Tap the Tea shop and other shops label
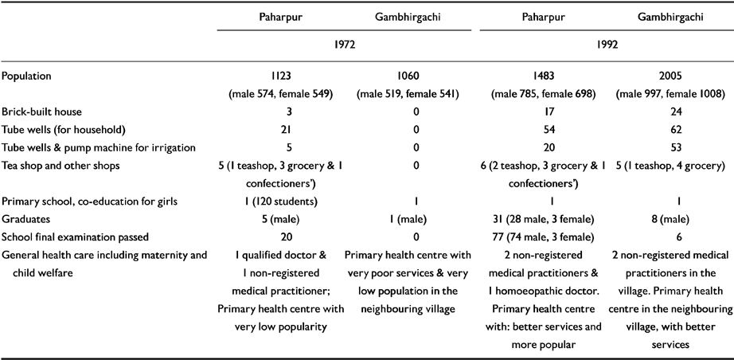point(60,165)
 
